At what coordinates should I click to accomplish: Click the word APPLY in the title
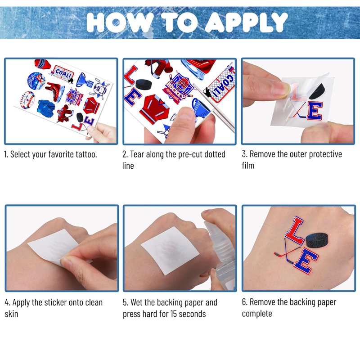point(247,22)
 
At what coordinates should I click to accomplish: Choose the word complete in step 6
point(257,314)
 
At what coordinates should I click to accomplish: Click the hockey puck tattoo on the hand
point(317,240)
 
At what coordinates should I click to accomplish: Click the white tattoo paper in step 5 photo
point(170,251)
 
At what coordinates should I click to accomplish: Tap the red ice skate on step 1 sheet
point(55,91)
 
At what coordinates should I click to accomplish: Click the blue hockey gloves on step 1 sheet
point(46,108)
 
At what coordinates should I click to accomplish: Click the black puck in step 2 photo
point(144,85)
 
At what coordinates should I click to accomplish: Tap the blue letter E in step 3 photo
point(315,111)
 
